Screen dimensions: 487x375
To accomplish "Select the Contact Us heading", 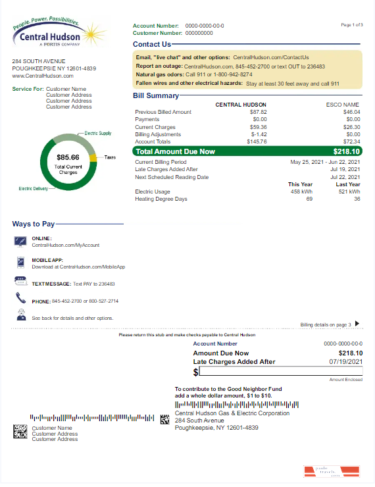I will click(151, 44).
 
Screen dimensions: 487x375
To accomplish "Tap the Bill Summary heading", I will click(156, 96).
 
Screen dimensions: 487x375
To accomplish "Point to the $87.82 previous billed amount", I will click(257, 112).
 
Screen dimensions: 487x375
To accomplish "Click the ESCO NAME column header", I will click(343, 105).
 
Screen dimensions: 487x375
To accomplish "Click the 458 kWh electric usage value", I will click(302, 192).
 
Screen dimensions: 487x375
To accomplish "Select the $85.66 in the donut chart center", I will click(68, 157).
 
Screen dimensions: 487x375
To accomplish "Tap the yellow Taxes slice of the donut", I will click(93, 158).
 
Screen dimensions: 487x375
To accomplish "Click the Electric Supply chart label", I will click(98, 133).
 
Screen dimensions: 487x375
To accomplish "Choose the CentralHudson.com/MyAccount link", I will click(66, 245).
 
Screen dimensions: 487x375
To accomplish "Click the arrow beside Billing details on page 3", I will click(357, 323).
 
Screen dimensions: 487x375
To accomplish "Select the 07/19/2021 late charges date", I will click(347, 361).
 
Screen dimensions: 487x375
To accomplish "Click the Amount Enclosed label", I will click(345, 380).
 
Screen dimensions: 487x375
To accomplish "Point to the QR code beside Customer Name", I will click(20, 432).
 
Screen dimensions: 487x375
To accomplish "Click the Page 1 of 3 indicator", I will click(351, 24).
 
